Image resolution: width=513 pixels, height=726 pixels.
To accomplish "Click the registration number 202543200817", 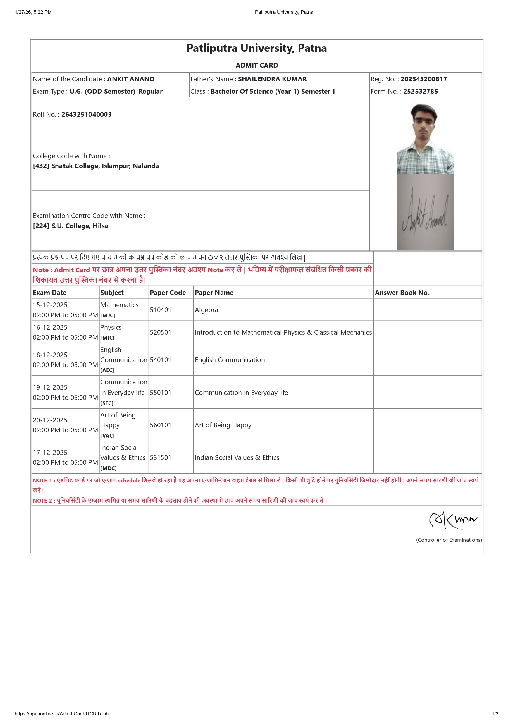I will (424, 79).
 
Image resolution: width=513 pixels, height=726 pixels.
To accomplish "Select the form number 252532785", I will (420, 91).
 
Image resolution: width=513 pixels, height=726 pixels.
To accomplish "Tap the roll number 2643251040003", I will (86, 114).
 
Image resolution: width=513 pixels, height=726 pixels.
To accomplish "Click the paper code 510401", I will (160, 310).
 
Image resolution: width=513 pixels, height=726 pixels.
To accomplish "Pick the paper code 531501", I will (160, 457).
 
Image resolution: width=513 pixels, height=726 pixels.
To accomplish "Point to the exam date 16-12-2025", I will (50, 327).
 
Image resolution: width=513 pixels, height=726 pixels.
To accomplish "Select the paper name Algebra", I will (206, 310).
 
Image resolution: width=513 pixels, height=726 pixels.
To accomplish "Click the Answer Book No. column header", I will (402, 293).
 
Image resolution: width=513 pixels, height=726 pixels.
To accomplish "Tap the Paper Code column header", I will (168, 293).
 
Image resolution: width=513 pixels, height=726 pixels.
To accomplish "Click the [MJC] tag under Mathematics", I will (107, 316).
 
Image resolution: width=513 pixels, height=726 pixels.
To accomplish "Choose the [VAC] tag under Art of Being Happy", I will (107, 436).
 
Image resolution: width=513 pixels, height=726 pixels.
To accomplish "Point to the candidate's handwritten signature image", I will (425, 212).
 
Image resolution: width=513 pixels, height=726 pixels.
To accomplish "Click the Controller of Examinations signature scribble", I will (453, 520).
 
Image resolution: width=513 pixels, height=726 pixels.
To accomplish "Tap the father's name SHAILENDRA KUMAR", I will (272, 79).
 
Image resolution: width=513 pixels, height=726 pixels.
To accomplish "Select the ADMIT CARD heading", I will (257, 66).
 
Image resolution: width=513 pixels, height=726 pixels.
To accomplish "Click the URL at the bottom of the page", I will (63, 714).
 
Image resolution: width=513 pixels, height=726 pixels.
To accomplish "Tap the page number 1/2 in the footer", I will (495, 714).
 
